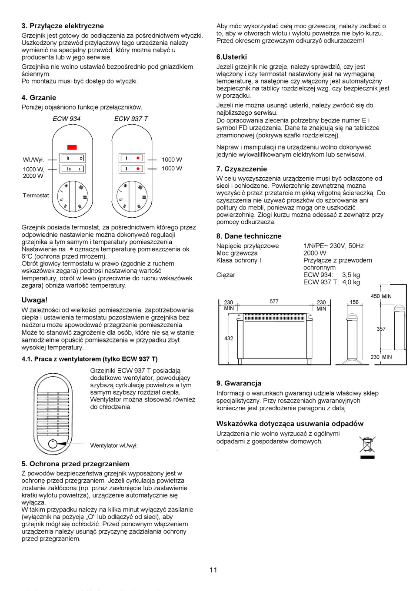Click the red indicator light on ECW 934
[x=72, y=147]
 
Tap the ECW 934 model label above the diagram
[x=67, y=119]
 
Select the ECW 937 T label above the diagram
[x=131, y=119]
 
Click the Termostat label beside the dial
[x=36, y=196]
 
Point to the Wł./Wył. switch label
[x=33, y=160]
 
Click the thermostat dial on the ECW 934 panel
[x=73, y=196]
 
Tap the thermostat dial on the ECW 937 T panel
[x=132, y=196]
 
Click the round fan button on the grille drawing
[x=53, y=444]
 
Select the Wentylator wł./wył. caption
[x=114, y=445]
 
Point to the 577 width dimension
[x=274, y=302]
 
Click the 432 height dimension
[x=229, y=339]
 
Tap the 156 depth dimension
[x=354, y=302]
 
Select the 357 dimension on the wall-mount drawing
[x=381, y=329]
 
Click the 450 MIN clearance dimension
[x=381, y=296]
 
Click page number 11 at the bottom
[x=213, y=570]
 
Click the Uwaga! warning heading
[x=34, y=300]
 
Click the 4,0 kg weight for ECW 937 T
[x=351, y=282]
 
